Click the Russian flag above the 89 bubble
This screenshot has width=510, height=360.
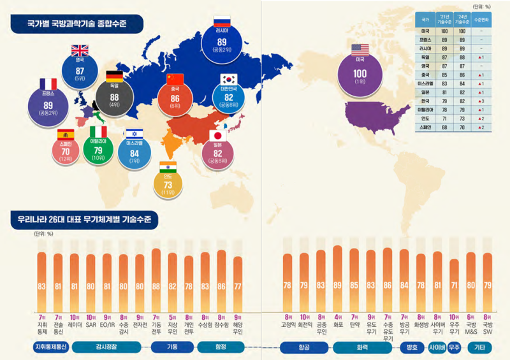pos(222,20)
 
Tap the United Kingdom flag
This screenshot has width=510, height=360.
pos(80,50)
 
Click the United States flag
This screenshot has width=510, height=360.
pos(360,49)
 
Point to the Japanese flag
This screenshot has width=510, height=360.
pos(219,135)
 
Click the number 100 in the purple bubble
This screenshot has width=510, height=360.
pos(360,73)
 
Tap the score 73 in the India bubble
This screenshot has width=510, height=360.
pos(168,185)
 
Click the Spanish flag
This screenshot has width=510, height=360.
pos(66,134)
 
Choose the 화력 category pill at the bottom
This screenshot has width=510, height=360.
pos(357,347)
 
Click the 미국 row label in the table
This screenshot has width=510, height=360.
pos(425,30)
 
